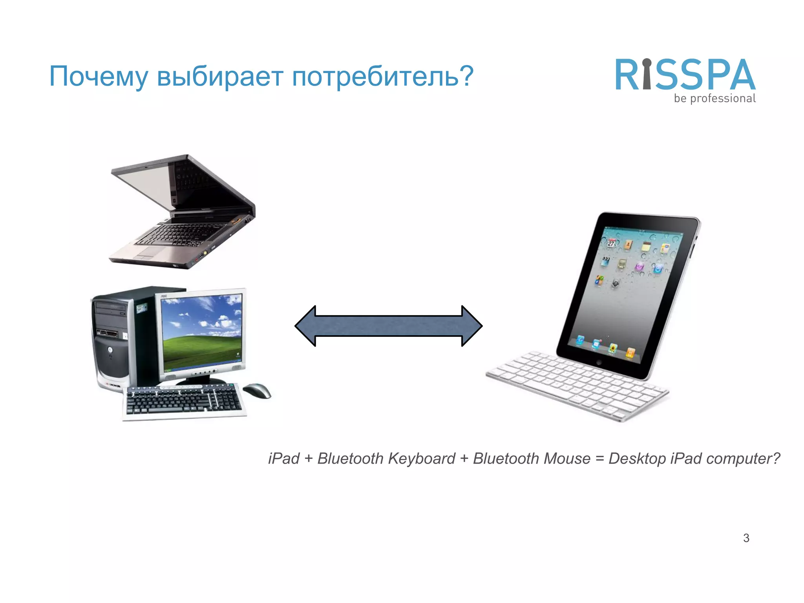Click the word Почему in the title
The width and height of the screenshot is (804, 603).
(x=98, y=77)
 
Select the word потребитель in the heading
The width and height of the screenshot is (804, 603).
(x=375, y=77)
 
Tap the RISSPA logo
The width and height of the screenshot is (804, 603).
(x=685, y=75)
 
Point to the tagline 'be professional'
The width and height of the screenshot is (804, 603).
(x=714, y=99)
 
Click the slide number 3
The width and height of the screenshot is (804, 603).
(x=746, y=538)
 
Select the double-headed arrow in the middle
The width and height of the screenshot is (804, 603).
(x=388, y=326)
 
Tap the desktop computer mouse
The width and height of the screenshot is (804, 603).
(x=257, y=390)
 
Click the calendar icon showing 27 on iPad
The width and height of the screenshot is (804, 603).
(x=612, y=243)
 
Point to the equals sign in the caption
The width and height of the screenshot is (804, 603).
(x=599, y=459)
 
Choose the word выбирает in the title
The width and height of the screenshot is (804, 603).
(x=220, y=77)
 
